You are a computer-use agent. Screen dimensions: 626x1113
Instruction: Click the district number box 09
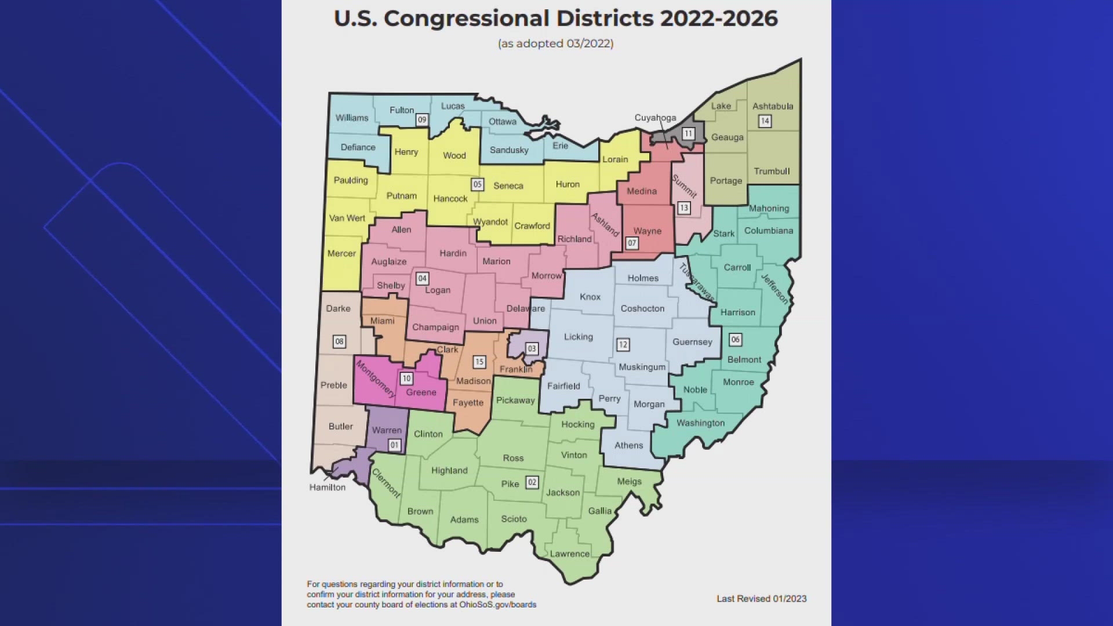coord(422,119)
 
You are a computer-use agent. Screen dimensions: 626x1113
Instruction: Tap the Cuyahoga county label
coord(655,118)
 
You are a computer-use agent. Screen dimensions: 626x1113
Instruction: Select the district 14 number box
coord(765,121)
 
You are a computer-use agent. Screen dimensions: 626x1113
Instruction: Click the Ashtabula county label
coord(773,106)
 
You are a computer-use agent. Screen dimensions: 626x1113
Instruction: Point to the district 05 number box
coord(477,184)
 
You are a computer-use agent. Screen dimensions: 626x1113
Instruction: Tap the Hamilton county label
coord(327,487)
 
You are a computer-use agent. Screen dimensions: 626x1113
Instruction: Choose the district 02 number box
coord(532,482)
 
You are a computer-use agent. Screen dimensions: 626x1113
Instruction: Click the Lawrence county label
coord(569,554)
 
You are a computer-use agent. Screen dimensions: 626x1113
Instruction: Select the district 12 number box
coord(623,344)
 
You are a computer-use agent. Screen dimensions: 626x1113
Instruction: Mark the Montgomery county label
coord(375,378)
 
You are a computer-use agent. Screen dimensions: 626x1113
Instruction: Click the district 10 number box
coord(406,378)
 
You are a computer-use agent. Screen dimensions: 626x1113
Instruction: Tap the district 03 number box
coord(532,348)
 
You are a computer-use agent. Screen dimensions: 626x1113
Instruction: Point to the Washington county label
coord(700,423)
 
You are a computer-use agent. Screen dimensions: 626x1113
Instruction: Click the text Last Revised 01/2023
coord(761,599)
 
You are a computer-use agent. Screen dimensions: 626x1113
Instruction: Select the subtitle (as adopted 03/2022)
coord(555,43)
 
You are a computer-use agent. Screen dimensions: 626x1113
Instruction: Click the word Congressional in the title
coord(466,19)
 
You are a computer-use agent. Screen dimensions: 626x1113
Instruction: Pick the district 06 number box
coord(735,340)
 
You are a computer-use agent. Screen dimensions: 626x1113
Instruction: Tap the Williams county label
coord(352,118)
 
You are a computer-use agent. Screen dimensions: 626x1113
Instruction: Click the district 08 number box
coord(339,341)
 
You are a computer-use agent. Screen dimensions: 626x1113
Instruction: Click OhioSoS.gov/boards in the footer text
coord(498,605)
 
